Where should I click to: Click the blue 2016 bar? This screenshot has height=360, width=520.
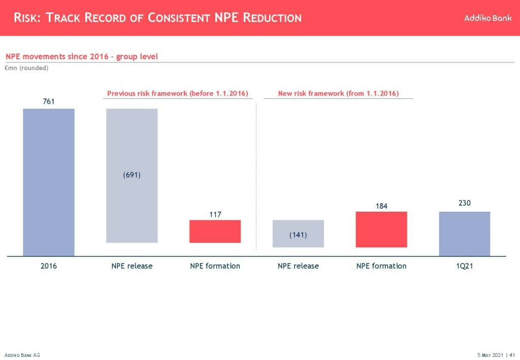[x=49, y=182]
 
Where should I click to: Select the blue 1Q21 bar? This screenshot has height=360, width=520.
[x=465, y=234]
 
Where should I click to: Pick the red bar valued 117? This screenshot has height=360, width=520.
[x=215, y=231]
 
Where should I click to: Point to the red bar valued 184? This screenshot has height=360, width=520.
[x=381, y=229]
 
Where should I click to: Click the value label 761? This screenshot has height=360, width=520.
[x=48, y=102]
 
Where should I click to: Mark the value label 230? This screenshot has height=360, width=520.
[x=465, y=203]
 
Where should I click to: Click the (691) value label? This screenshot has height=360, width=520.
[x=132, y=175]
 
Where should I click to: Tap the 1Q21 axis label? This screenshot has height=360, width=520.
[x=465, y=266]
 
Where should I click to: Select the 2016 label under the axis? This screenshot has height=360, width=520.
[x=49, y=266]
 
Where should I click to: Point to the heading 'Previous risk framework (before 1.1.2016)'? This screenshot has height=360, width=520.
[x=177, y=93]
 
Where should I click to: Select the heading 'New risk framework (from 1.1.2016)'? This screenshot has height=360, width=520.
[x=338, y=93]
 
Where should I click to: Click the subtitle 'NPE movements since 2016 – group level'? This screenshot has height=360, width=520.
[x=82, y=56]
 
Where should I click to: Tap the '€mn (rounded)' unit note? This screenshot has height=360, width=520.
[x=26, y=68]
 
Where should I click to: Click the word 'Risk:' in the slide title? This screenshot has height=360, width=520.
[x=28, y=18]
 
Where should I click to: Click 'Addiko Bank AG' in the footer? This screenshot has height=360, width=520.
[x=22, y=355]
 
